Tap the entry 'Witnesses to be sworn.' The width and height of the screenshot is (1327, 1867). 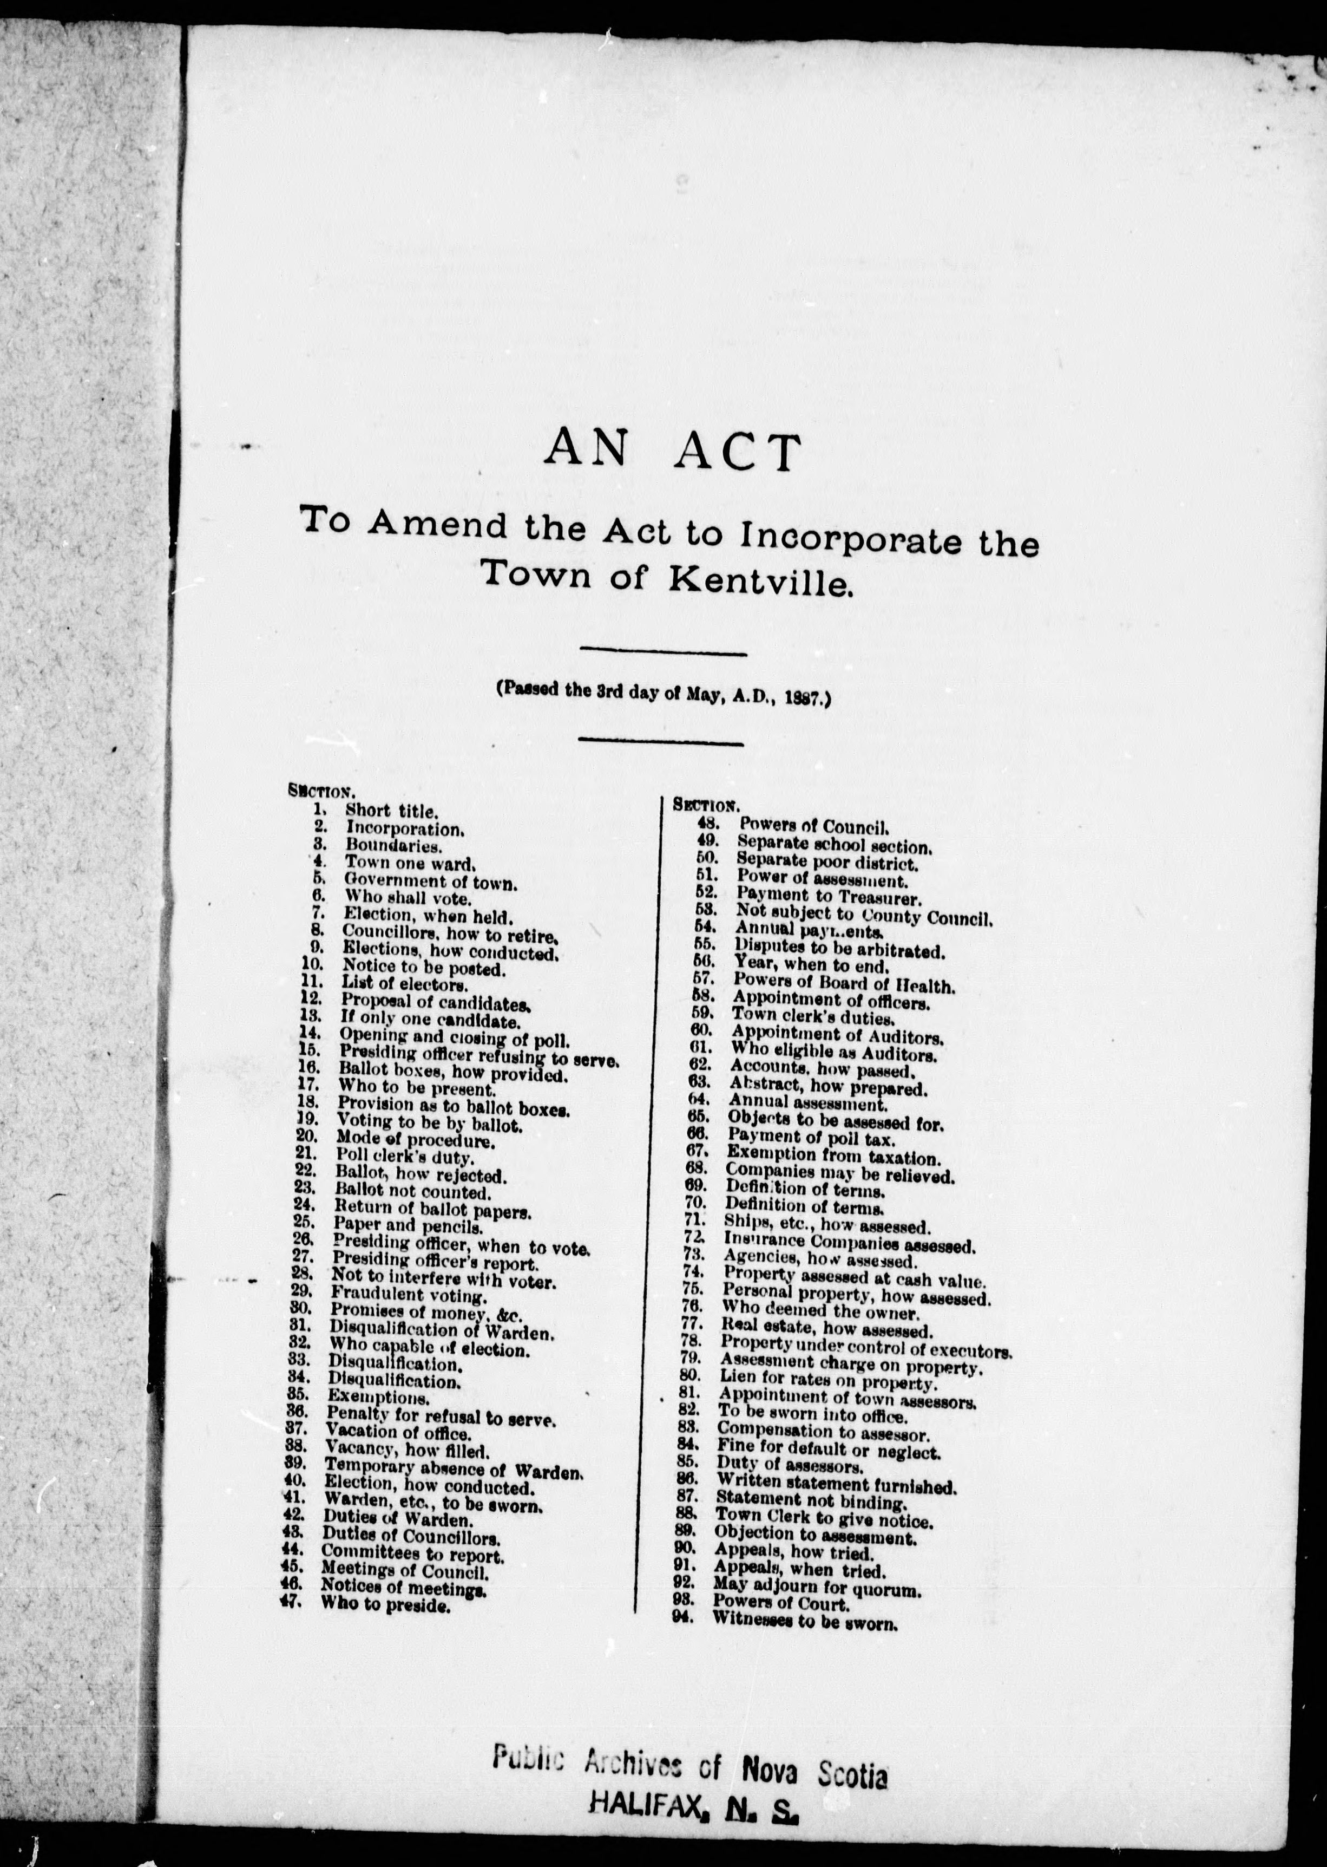coord(805,1621)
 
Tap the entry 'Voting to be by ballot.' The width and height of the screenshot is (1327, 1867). coord(430,1123)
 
